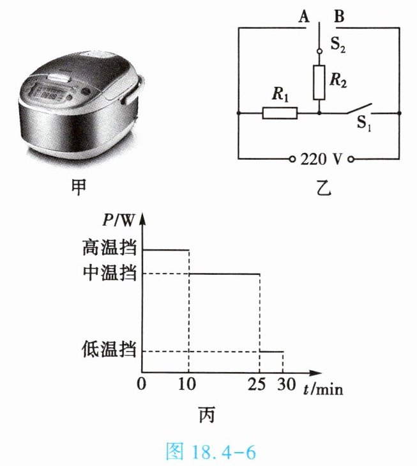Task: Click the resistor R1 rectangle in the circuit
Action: (x=280, y=113)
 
